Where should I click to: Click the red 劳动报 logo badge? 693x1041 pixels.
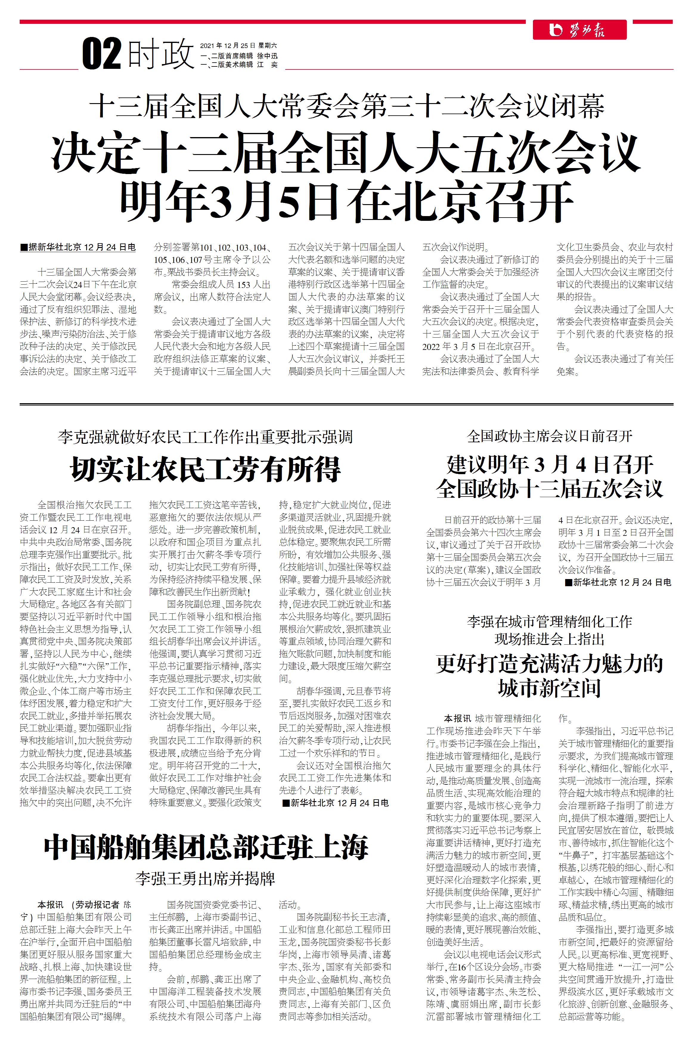click(579, 30)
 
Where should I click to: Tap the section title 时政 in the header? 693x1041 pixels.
click(161, 54)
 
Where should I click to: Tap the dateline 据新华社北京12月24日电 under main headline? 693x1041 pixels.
click(78, 247)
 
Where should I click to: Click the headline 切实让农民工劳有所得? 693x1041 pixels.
click(205, 469)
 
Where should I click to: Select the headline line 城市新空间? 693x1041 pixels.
click(549, 688)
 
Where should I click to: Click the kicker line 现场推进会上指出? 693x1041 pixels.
click(549, 639)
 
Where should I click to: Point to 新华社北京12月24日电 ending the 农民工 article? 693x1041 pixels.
click(335, 803)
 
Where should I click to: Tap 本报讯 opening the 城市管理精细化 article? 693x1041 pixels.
click(458, 719)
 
